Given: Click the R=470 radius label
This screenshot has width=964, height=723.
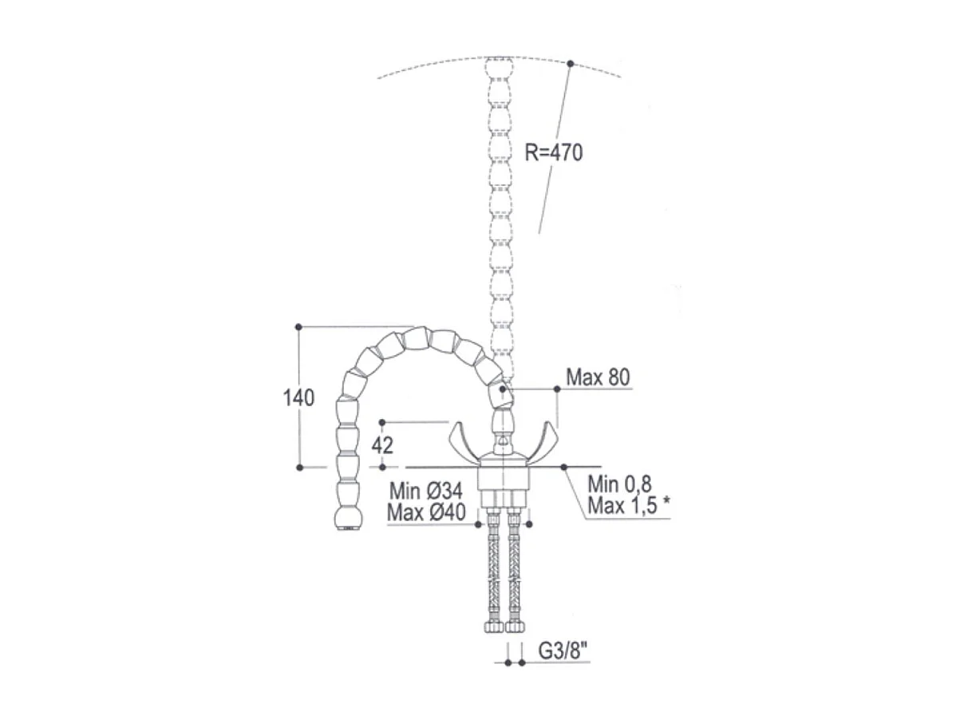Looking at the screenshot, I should tap(553, 152).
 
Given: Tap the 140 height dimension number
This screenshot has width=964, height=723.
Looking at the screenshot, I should tap(298, 397).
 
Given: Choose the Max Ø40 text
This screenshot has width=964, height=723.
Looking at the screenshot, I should tap(425, 512).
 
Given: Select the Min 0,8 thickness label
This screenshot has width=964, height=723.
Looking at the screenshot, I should tap(619, 484).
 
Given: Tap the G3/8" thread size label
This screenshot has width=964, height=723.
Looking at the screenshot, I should tap(563, 651).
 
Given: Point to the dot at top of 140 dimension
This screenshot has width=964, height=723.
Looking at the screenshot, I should tap(298, 326).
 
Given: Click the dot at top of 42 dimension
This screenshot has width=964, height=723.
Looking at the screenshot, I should tap(382, 421).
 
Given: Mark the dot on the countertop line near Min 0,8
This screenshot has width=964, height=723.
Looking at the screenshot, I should tap(564, 466).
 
